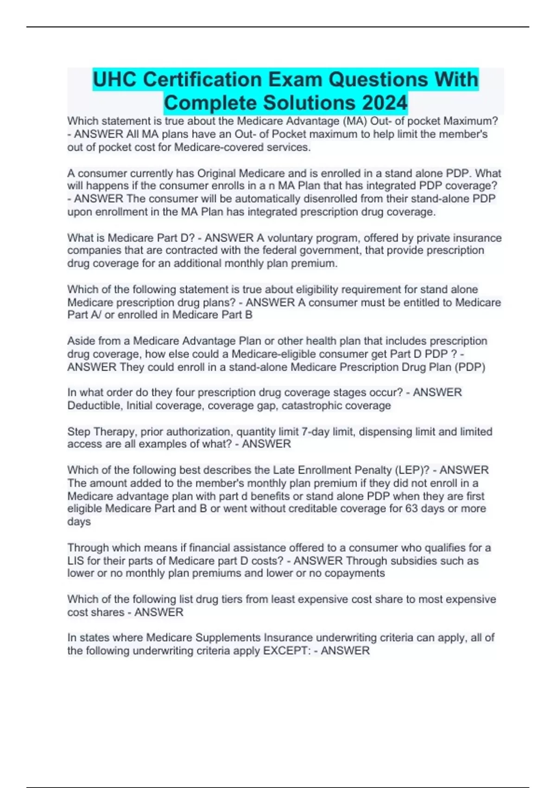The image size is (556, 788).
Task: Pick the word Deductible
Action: point(94,406)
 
